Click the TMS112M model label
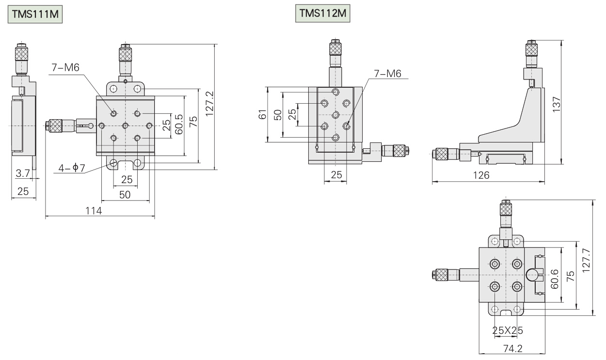322,14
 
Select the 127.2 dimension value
210,107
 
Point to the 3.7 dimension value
22,173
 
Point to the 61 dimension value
263,115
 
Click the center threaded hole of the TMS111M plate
126,126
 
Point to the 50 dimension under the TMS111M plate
125,194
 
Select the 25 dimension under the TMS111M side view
22,191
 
